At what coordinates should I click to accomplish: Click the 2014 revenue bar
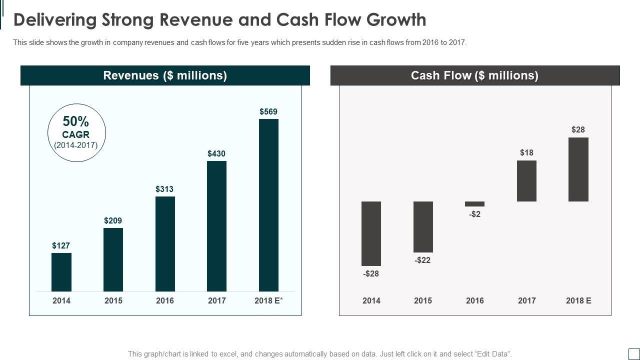point(61,272)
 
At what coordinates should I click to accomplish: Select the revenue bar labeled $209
point(113,259)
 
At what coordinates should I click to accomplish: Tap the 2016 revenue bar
point(165,243)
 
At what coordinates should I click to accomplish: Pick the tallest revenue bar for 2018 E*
point(268,205)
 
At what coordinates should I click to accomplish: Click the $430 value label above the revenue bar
point(216,153)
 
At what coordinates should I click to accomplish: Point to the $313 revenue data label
point(164,189)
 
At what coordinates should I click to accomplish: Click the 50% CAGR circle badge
point(76,133)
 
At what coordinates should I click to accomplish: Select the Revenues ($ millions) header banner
point(165,75)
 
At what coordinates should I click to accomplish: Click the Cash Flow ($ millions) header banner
point(474,75)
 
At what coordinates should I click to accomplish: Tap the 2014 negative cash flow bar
point(371,233)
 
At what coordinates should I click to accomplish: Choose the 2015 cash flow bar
point(423,227)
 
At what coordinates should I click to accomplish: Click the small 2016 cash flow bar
point(474,204)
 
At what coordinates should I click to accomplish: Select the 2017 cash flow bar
point(526,181)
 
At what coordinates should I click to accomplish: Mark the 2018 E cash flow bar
point(578,169)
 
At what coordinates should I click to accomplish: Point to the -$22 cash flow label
point(422,260)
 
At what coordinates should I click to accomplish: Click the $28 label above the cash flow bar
point(578,129)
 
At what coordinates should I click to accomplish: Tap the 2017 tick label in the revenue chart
point(216,300)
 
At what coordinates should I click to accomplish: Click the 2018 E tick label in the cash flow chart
point(578,300)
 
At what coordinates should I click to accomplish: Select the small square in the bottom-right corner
point(633,353)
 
